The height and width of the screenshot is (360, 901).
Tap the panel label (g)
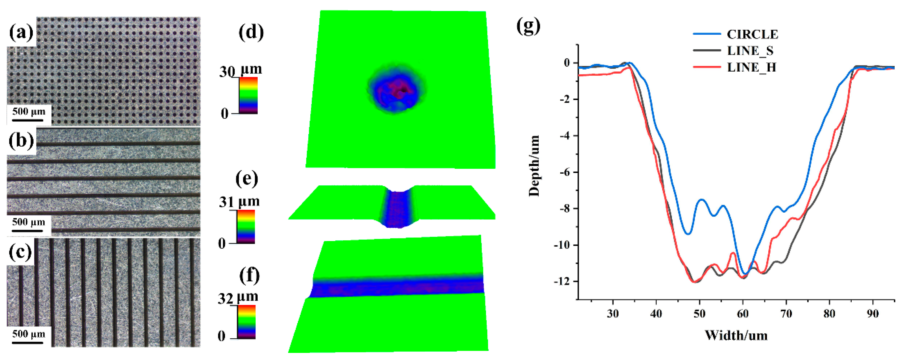pos(528,26)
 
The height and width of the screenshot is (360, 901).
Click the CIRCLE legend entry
pos(752,34)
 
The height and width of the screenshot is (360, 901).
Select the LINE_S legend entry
pos(750,51)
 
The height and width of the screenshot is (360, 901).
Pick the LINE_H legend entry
pos(751,67)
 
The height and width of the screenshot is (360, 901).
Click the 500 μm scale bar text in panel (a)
pos(29,112)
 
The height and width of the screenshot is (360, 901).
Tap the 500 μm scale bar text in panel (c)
pos(29,334)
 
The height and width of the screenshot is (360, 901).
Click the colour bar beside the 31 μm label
pos(246,227)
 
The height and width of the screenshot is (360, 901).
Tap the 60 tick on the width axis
pos(743,314)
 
